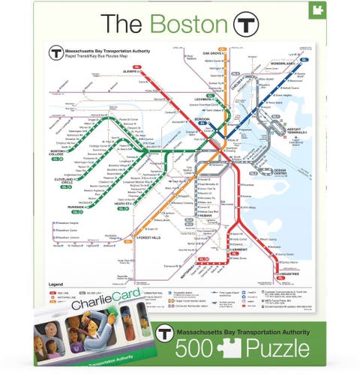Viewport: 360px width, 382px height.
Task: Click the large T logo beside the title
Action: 245,24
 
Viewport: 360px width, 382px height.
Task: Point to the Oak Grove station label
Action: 213,54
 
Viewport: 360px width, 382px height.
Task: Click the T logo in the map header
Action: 55,52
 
